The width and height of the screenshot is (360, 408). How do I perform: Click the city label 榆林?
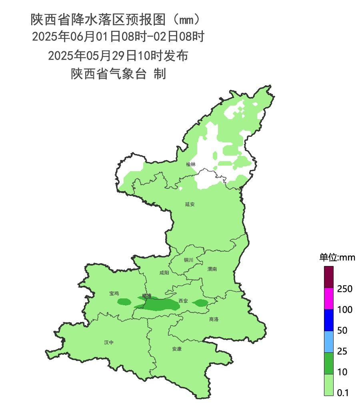point(191,164)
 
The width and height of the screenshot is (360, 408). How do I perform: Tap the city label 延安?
point(190,204)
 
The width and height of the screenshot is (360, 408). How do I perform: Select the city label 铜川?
point(188,260)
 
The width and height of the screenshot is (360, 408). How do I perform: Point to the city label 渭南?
point(212,269)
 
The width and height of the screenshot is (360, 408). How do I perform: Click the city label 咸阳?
point(164,273)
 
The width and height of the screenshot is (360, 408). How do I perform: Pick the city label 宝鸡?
point(114,294)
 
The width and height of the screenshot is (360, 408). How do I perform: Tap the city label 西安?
point(183,301)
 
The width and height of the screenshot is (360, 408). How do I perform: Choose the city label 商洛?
point(214,319)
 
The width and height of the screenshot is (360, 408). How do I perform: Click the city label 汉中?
point(109,342)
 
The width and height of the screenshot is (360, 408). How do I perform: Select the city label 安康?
point(177,349)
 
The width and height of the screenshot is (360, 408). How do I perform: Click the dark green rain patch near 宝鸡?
point(124,302)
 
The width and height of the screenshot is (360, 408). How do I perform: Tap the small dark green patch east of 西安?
point(200,303)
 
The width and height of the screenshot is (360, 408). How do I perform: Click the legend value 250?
point(344,289)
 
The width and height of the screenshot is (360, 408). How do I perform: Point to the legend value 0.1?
point(343,393)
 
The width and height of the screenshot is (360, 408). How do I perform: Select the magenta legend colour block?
point(328,298)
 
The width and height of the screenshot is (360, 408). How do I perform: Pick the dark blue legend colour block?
point(328,320)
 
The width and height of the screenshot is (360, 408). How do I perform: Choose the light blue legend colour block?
point(328,341)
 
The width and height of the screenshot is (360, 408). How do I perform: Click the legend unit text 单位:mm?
point(337,258)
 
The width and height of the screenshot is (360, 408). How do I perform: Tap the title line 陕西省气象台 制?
point(118,74)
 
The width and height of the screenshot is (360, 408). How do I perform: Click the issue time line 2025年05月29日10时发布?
point(118,56)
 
